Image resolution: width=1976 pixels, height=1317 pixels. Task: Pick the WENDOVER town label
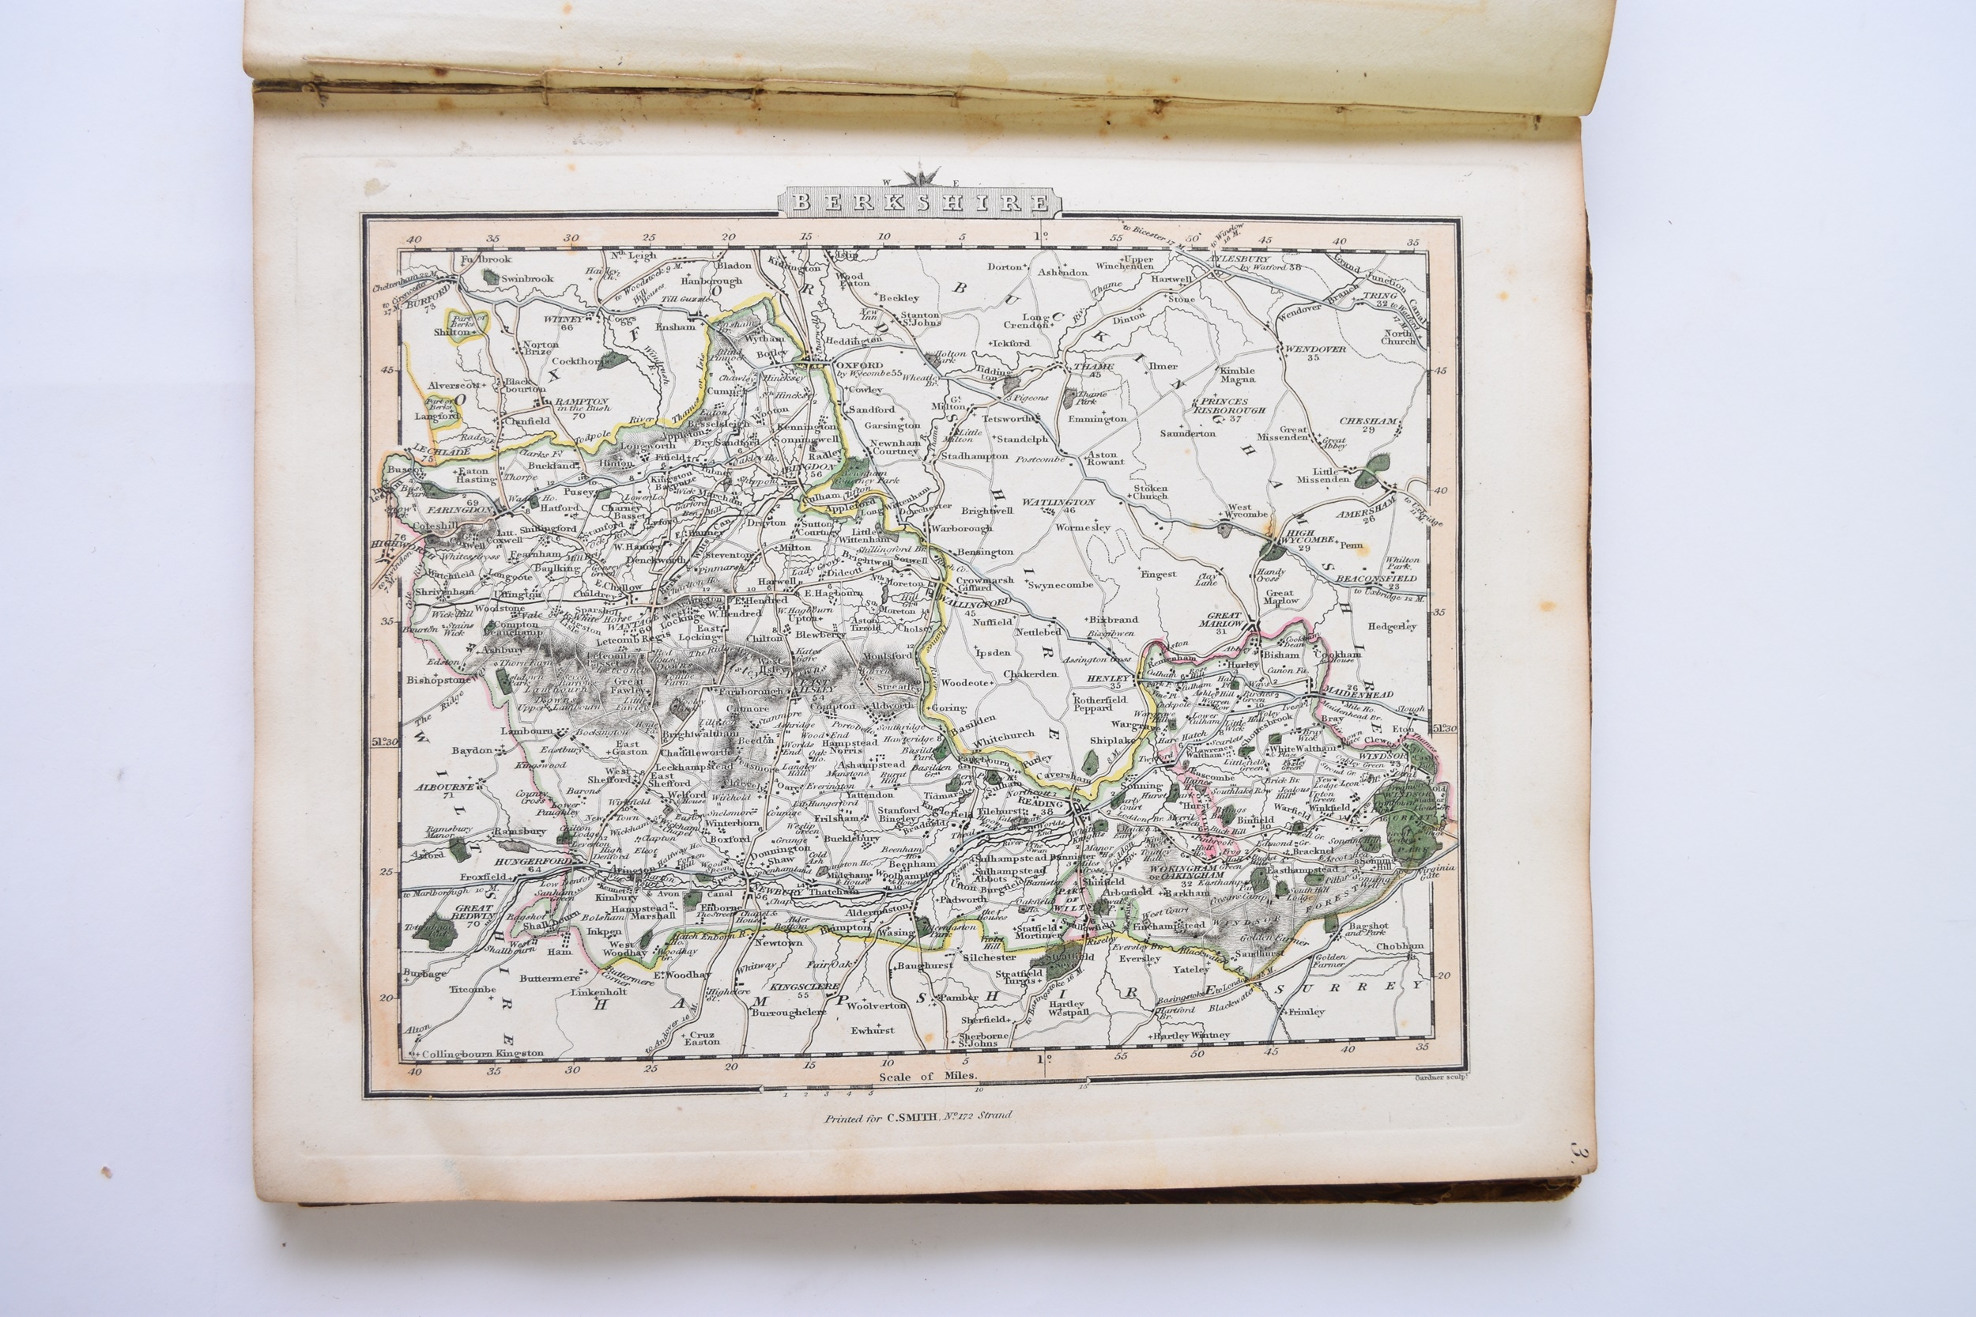[1312, 349]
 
